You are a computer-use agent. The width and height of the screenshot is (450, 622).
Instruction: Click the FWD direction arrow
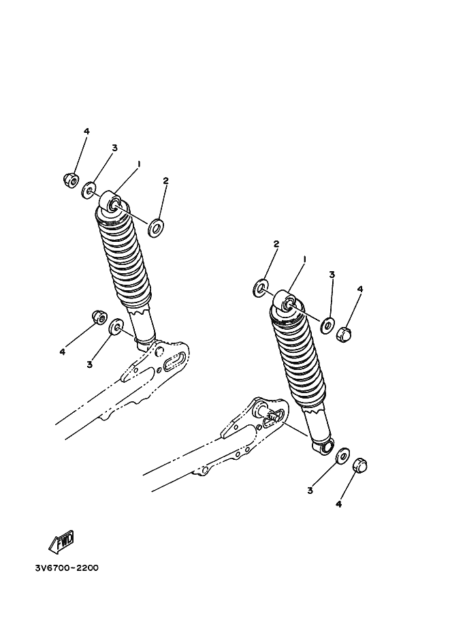click(61, 542)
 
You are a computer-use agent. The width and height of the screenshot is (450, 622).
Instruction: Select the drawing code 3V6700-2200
click(67, 568)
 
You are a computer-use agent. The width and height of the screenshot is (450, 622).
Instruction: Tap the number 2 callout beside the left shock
click(165, 181)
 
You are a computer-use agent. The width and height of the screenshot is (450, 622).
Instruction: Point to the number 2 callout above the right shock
click(276, 244)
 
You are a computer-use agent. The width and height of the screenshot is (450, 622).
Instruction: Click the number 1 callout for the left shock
click(139, 164)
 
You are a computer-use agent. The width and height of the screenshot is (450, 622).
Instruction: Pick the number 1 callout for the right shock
click(304, 259)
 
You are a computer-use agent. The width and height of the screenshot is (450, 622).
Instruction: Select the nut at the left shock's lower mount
click(98, 317)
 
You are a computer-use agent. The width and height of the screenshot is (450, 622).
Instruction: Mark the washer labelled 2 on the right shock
click(260, 288)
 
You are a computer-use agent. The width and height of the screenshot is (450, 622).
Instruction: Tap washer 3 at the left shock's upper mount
click(89, 191)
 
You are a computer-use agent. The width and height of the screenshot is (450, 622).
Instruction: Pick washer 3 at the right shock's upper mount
click(327, 326)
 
